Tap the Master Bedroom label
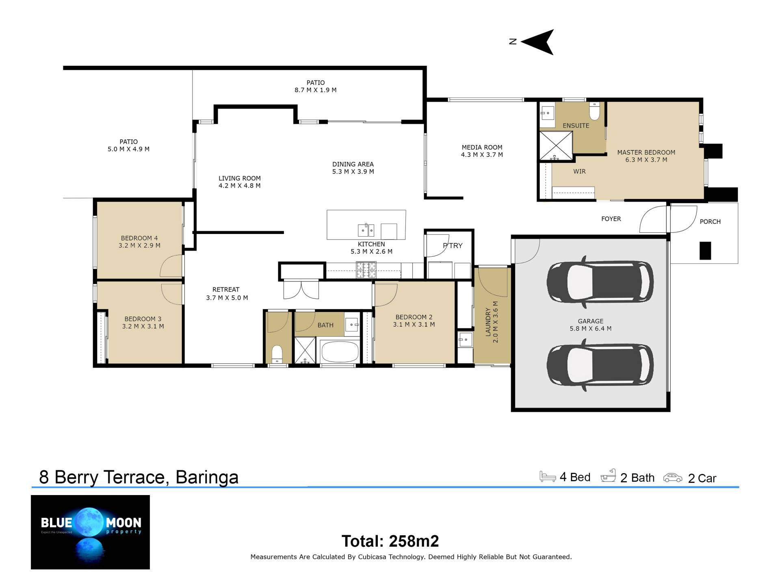646,152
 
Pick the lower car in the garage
600,365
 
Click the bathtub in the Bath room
340,351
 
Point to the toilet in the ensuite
594,111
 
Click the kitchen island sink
366,230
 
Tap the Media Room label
482,147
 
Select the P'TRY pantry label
453,245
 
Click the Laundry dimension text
495,322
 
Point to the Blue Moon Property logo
90,532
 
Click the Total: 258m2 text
390,541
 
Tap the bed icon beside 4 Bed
548,476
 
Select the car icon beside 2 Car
673,478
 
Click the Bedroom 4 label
139,238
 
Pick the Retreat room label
226,290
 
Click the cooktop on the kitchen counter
366,270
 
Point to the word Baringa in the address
207,477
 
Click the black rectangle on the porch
705,251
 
